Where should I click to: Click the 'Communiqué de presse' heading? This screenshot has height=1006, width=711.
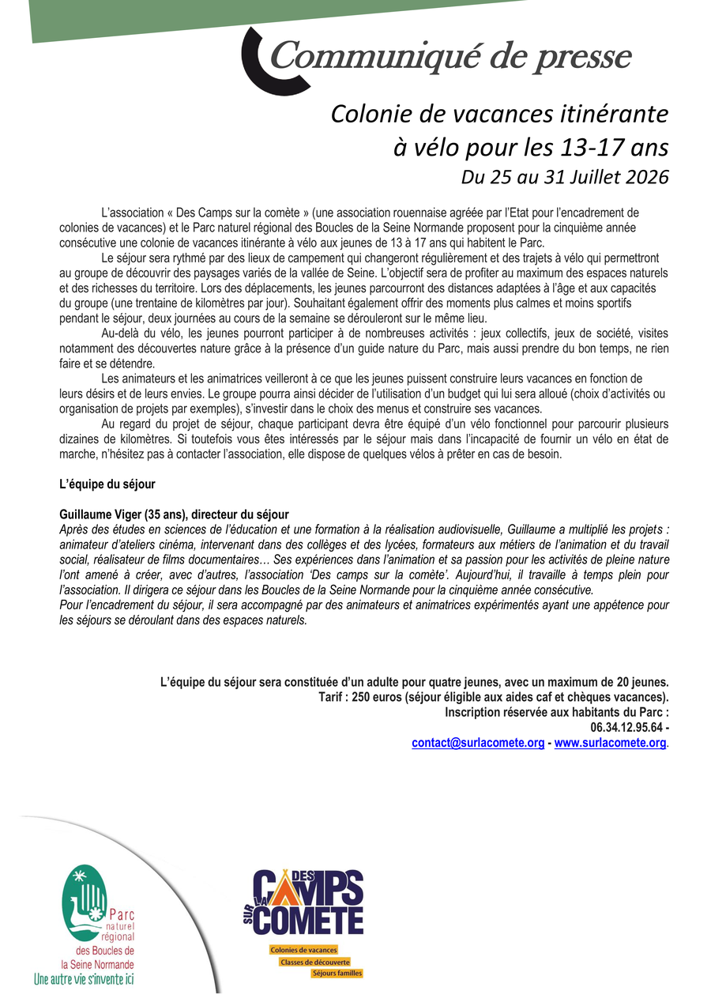(x=451, y=57)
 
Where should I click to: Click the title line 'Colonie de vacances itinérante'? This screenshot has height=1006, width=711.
(x=499, y=115)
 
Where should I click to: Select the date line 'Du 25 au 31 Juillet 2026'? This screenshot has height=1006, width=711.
(x=564, y=177)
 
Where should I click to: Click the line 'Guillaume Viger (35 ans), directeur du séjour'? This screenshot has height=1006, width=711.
(x=174, y=513)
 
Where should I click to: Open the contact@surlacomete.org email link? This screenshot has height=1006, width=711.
(x=478, y=743)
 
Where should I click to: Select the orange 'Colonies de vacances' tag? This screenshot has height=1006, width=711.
(x=303, y=950)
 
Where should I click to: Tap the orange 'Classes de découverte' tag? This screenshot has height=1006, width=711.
(x=314, y=962)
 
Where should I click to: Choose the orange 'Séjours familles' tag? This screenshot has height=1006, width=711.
(x=337, y=974)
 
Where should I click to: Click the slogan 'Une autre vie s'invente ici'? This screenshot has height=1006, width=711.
(x=84, y=979)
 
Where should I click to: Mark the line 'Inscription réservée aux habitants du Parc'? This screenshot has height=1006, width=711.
(x=557, y=712)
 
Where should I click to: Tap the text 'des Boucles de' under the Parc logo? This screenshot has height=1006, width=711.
(x=104, y=951)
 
